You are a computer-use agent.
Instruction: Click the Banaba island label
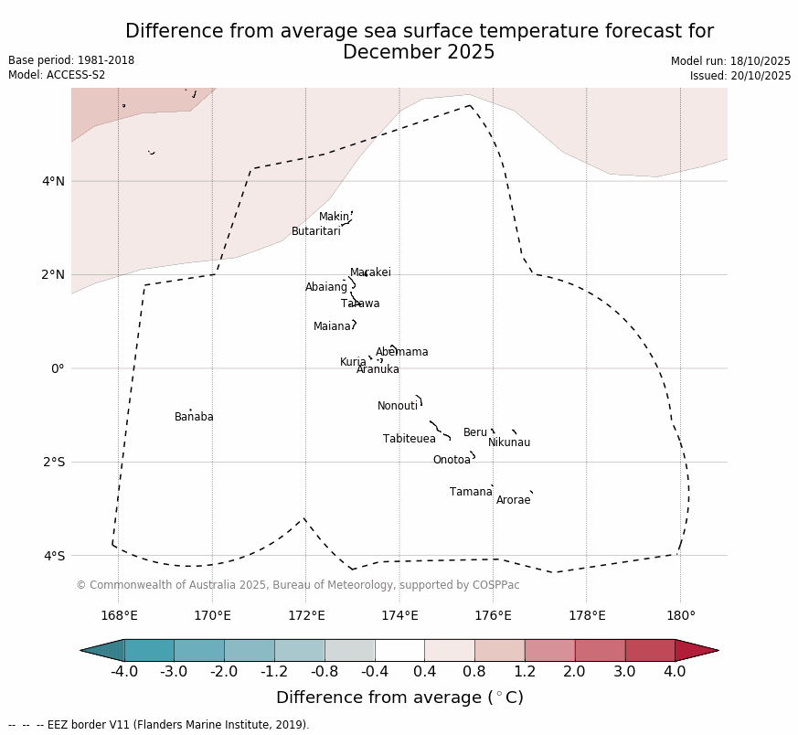click(x=194, y=417)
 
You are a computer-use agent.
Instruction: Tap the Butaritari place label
click(x=315, y=231)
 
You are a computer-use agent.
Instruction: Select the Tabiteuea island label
click(x=409, y=439)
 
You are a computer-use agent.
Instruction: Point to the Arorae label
click(x=513, y=500)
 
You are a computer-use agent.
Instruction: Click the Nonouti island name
click(x=397, y=406)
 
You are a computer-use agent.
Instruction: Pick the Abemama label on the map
click(x=401, y=352)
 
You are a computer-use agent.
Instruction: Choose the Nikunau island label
click(x=508, y=442)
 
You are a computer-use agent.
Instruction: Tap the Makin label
click(x=333, y=217)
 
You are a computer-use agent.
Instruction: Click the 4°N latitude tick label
click(x=53, y=181)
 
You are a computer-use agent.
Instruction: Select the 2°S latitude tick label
click(x=53, y=462)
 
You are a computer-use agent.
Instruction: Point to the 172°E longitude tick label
click(x=306, y=616)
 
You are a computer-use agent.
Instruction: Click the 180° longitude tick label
click(x=680, y=616)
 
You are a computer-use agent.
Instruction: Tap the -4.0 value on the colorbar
click(x=124, y=672)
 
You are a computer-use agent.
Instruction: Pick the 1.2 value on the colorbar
click(x=525, y=672)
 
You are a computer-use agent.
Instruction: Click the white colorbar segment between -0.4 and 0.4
click(x=399, y=650)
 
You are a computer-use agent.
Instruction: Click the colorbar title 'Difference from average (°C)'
click(x=399, y=698)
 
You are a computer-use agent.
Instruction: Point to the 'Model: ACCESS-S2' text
click(x=57, y=75)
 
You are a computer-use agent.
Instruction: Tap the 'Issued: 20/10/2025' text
click(x=740, y=76)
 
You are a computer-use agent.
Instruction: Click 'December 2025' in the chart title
click(x=419, y=52)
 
